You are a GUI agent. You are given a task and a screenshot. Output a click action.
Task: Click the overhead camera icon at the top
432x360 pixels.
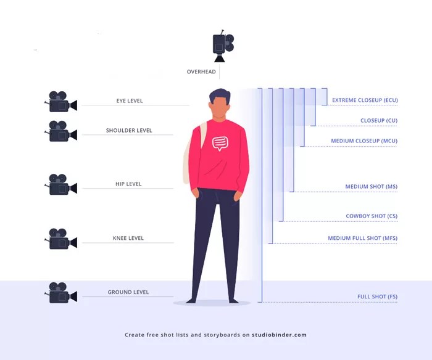(x=222, y=46)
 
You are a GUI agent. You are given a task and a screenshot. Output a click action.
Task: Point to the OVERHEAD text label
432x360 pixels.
(x=201, y=72)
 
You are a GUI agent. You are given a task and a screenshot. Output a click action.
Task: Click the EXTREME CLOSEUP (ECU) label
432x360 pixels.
(x=364, y=100)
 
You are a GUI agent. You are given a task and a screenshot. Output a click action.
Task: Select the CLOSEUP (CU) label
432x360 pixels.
(x=378, y=120)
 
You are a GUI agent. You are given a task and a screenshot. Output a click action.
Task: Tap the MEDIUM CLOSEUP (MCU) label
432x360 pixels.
(x=363, y=141)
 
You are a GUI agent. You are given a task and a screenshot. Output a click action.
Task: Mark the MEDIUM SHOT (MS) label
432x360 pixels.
(x=371, y=186)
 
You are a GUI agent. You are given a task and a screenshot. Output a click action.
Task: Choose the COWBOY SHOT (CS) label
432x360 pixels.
(x=372, y=216)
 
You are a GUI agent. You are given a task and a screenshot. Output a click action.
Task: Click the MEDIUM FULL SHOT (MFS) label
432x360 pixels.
(x=362, y=238)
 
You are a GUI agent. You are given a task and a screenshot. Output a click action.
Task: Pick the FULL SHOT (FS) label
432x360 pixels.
(x=377, y=297)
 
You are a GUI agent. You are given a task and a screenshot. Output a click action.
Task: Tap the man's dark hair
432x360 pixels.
(x=219, y=96)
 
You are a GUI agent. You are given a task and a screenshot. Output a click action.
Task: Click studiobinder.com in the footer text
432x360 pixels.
(x=279, y=335)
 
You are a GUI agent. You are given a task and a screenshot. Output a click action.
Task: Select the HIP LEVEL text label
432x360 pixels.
(x=128, y=184)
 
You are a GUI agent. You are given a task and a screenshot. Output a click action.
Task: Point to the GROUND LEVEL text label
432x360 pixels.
(x=128, y=292)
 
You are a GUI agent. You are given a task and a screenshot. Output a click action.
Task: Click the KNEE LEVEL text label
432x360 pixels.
(x=128, y=238)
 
